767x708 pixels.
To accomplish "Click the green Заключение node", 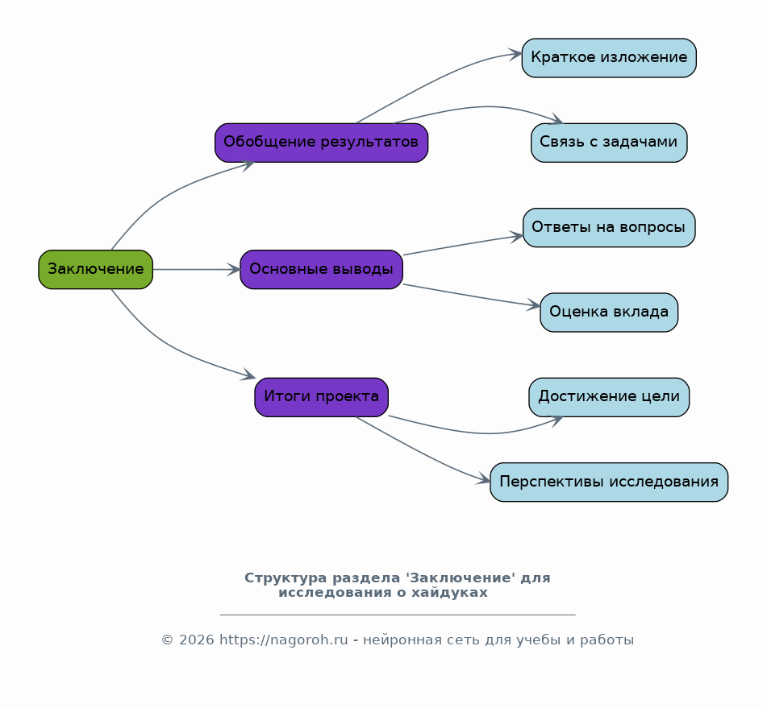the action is click(96, 269).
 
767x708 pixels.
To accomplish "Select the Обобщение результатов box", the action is click(321, 143).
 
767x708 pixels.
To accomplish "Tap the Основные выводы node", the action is click(321, 269).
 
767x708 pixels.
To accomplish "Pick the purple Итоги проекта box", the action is click(321, 397).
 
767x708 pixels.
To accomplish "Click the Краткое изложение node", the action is click(609, 58).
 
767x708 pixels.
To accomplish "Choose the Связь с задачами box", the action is click(609, 143).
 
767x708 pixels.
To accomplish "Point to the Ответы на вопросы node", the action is click(609, 227).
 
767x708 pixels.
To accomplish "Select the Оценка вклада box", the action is click(609, 313).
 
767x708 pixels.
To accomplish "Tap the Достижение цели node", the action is click(609, 397).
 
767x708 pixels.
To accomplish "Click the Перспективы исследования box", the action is click(609, 482).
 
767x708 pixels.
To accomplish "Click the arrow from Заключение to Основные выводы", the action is click(197, 269).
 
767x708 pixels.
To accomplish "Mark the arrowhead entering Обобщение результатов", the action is click(248, 165).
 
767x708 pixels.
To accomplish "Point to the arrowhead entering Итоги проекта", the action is click(248, 375).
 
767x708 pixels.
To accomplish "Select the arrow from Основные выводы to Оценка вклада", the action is click(472, 296).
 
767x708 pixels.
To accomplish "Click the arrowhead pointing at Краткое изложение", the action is click(515, 54).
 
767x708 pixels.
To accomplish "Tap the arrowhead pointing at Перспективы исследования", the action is click(483, 480).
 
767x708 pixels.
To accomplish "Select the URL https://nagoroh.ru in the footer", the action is click(284, 640).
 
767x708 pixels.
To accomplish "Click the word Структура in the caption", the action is click(286, 578).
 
